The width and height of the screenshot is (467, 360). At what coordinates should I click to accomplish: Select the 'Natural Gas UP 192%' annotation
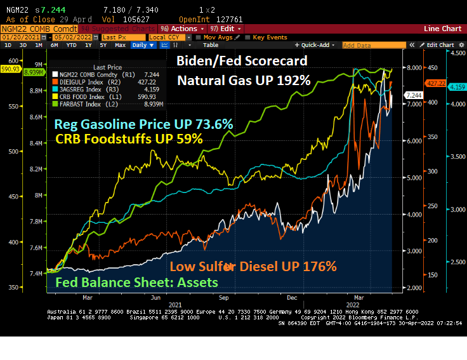(x=243, y=81)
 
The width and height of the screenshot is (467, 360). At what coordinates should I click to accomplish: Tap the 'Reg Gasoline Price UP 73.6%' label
(x=144, y=124)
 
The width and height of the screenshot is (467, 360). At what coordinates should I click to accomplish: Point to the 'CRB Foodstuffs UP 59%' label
(x=129, y=138)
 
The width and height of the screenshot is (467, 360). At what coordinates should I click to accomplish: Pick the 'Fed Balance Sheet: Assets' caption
(x=137, y=282)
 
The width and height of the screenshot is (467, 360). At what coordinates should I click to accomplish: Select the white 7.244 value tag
(x=413, y=95)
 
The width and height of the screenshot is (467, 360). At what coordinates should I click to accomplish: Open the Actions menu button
(x=183, y=29)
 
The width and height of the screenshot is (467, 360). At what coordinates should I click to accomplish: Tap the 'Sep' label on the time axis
(x=223, y=297)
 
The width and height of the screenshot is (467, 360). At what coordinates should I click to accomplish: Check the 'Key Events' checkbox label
(x=270, y=37)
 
